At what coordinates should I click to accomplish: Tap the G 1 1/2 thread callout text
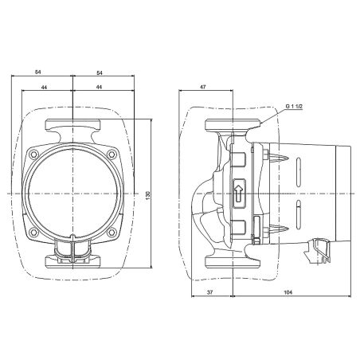point(295,104)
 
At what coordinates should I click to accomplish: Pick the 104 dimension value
point(288,292)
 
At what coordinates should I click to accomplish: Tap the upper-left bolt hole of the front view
point(36,155)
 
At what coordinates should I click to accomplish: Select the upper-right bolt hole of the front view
point(111,155)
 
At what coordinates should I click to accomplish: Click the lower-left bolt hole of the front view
point(36,232)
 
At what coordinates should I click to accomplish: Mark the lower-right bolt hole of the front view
point(111,232)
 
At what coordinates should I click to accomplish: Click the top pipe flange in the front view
point(73,126)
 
